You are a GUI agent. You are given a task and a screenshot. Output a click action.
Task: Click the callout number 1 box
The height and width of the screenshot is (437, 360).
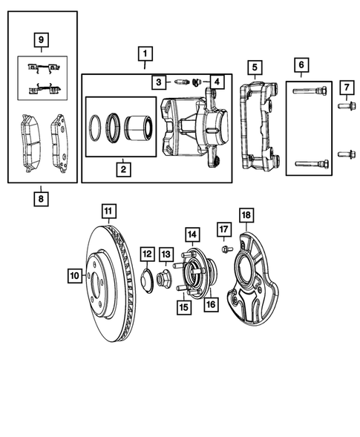(x=145, y=53)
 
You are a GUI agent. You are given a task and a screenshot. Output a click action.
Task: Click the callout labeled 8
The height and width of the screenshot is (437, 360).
(x=41, y=198)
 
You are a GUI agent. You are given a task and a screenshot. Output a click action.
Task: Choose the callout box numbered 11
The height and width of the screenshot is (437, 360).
(x=108, y=211)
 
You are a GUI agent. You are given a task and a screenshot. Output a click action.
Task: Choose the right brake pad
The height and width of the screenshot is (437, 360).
(x=57, y=139)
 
